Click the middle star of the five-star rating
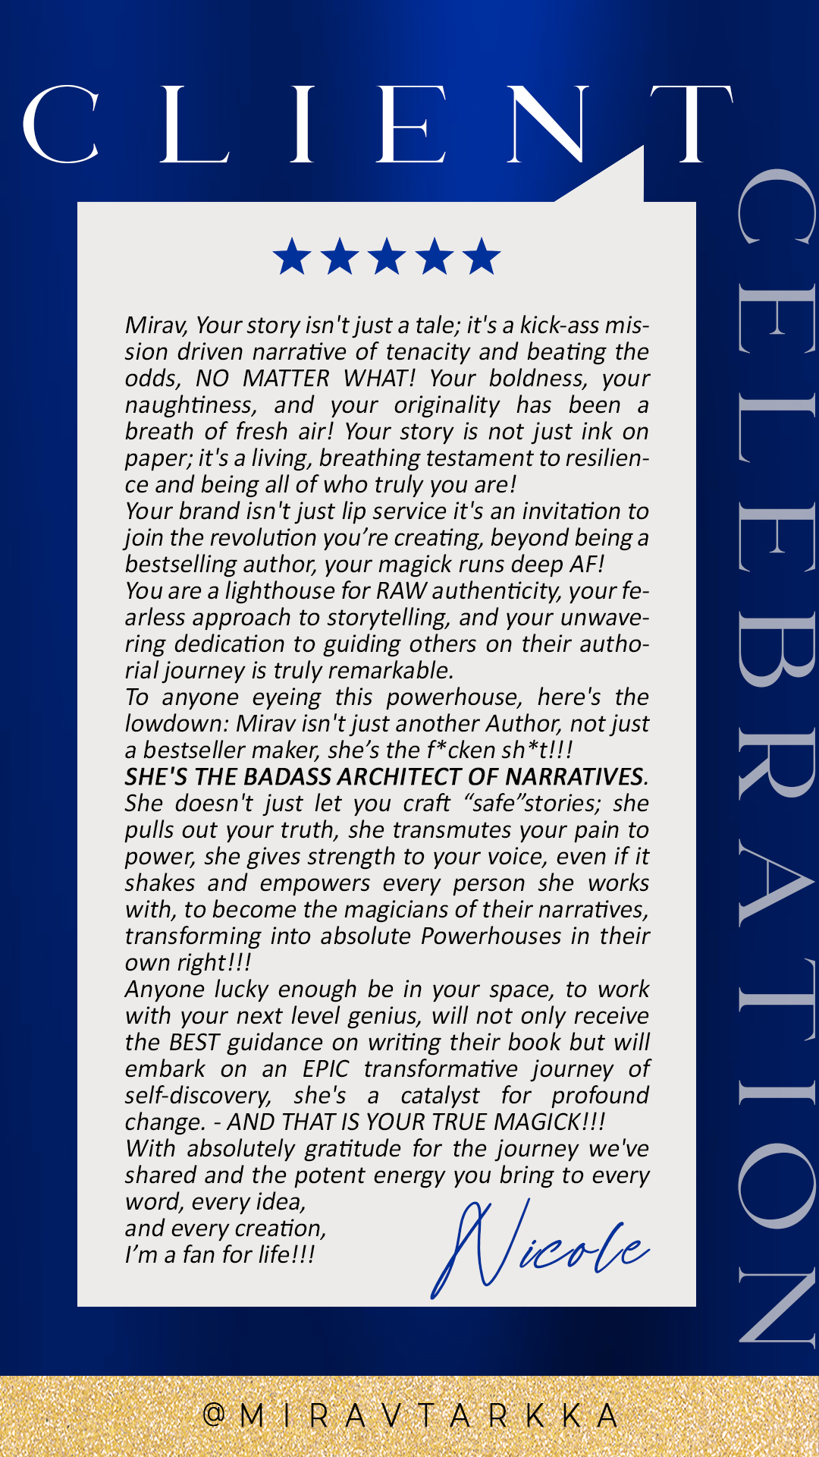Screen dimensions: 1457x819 pyautogui.click(x=387, y=256)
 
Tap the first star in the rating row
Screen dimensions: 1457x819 pyautogui.click(x=292, y=256)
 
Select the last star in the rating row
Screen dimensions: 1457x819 pyautogui.click(x=482, y=256)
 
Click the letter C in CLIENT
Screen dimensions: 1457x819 pyautogui.click(x=61, y=125)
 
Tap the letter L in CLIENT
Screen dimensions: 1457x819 pyautogui.click(x=193, y=125)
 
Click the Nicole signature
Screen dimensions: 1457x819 pyautogui.click(x=538, y=1248)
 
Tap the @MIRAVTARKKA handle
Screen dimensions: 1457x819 pyautogui.click(x=409, y=1415)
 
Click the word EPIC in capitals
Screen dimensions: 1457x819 pyautogui.click(x=325, y=1068)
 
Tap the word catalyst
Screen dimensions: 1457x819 pyautogui.click(x=440, y=1095)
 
